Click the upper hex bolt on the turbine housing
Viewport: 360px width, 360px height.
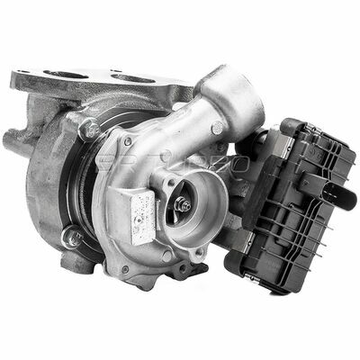tap(88, 131)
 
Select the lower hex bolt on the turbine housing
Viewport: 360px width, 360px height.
tap(70, 238)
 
